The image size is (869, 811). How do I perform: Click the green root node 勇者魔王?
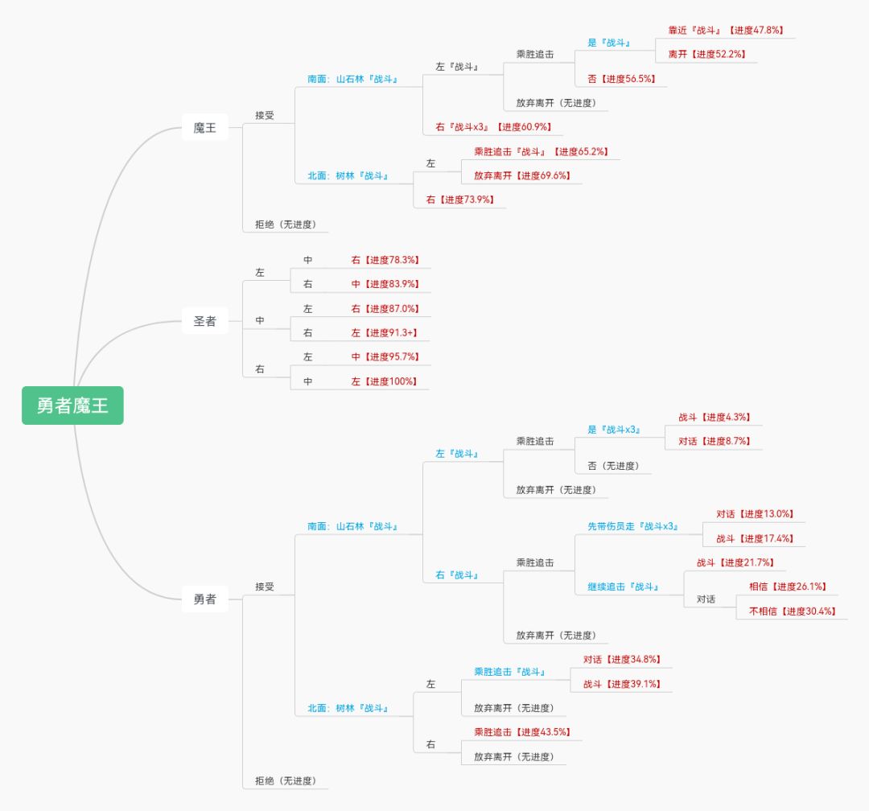click(x=72, y=405)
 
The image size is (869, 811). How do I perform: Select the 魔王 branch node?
click(x=204, y=127)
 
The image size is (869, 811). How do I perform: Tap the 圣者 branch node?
click(x=204, y=321)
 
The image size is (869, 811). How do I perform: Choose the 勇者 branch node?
click(x=204, y=599)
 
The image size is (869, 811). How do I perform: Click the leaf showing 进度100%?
click(x=385, y=381)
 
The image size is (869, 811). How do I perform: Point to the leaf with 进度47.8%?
click(x=726, y=30)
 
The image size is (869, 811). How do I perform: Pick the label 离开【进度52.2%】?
click(x=706, y=54)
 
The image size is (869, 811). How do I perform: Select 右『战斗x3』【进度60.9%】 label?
click(x=493, y=127)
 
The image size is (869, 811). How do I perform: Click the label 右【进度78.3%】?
click(x=385, y=260)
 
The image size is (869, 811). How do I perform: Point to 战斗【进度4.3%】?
click(x=714, y=418)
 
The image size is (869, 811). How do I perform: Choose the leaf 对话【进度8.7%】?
click(x=714, y=442)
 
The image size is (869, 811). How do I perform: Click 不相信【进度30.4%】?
click(x=792, y=611)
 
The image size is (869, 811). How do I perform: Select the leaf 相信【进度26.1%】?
click(x=787, y=587)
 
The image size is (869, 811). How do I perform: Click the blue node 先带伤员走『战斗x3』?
click(x=633, y=527)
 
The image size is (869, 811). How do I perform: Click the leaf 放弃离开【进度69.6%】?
click(x=527, y=175)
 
